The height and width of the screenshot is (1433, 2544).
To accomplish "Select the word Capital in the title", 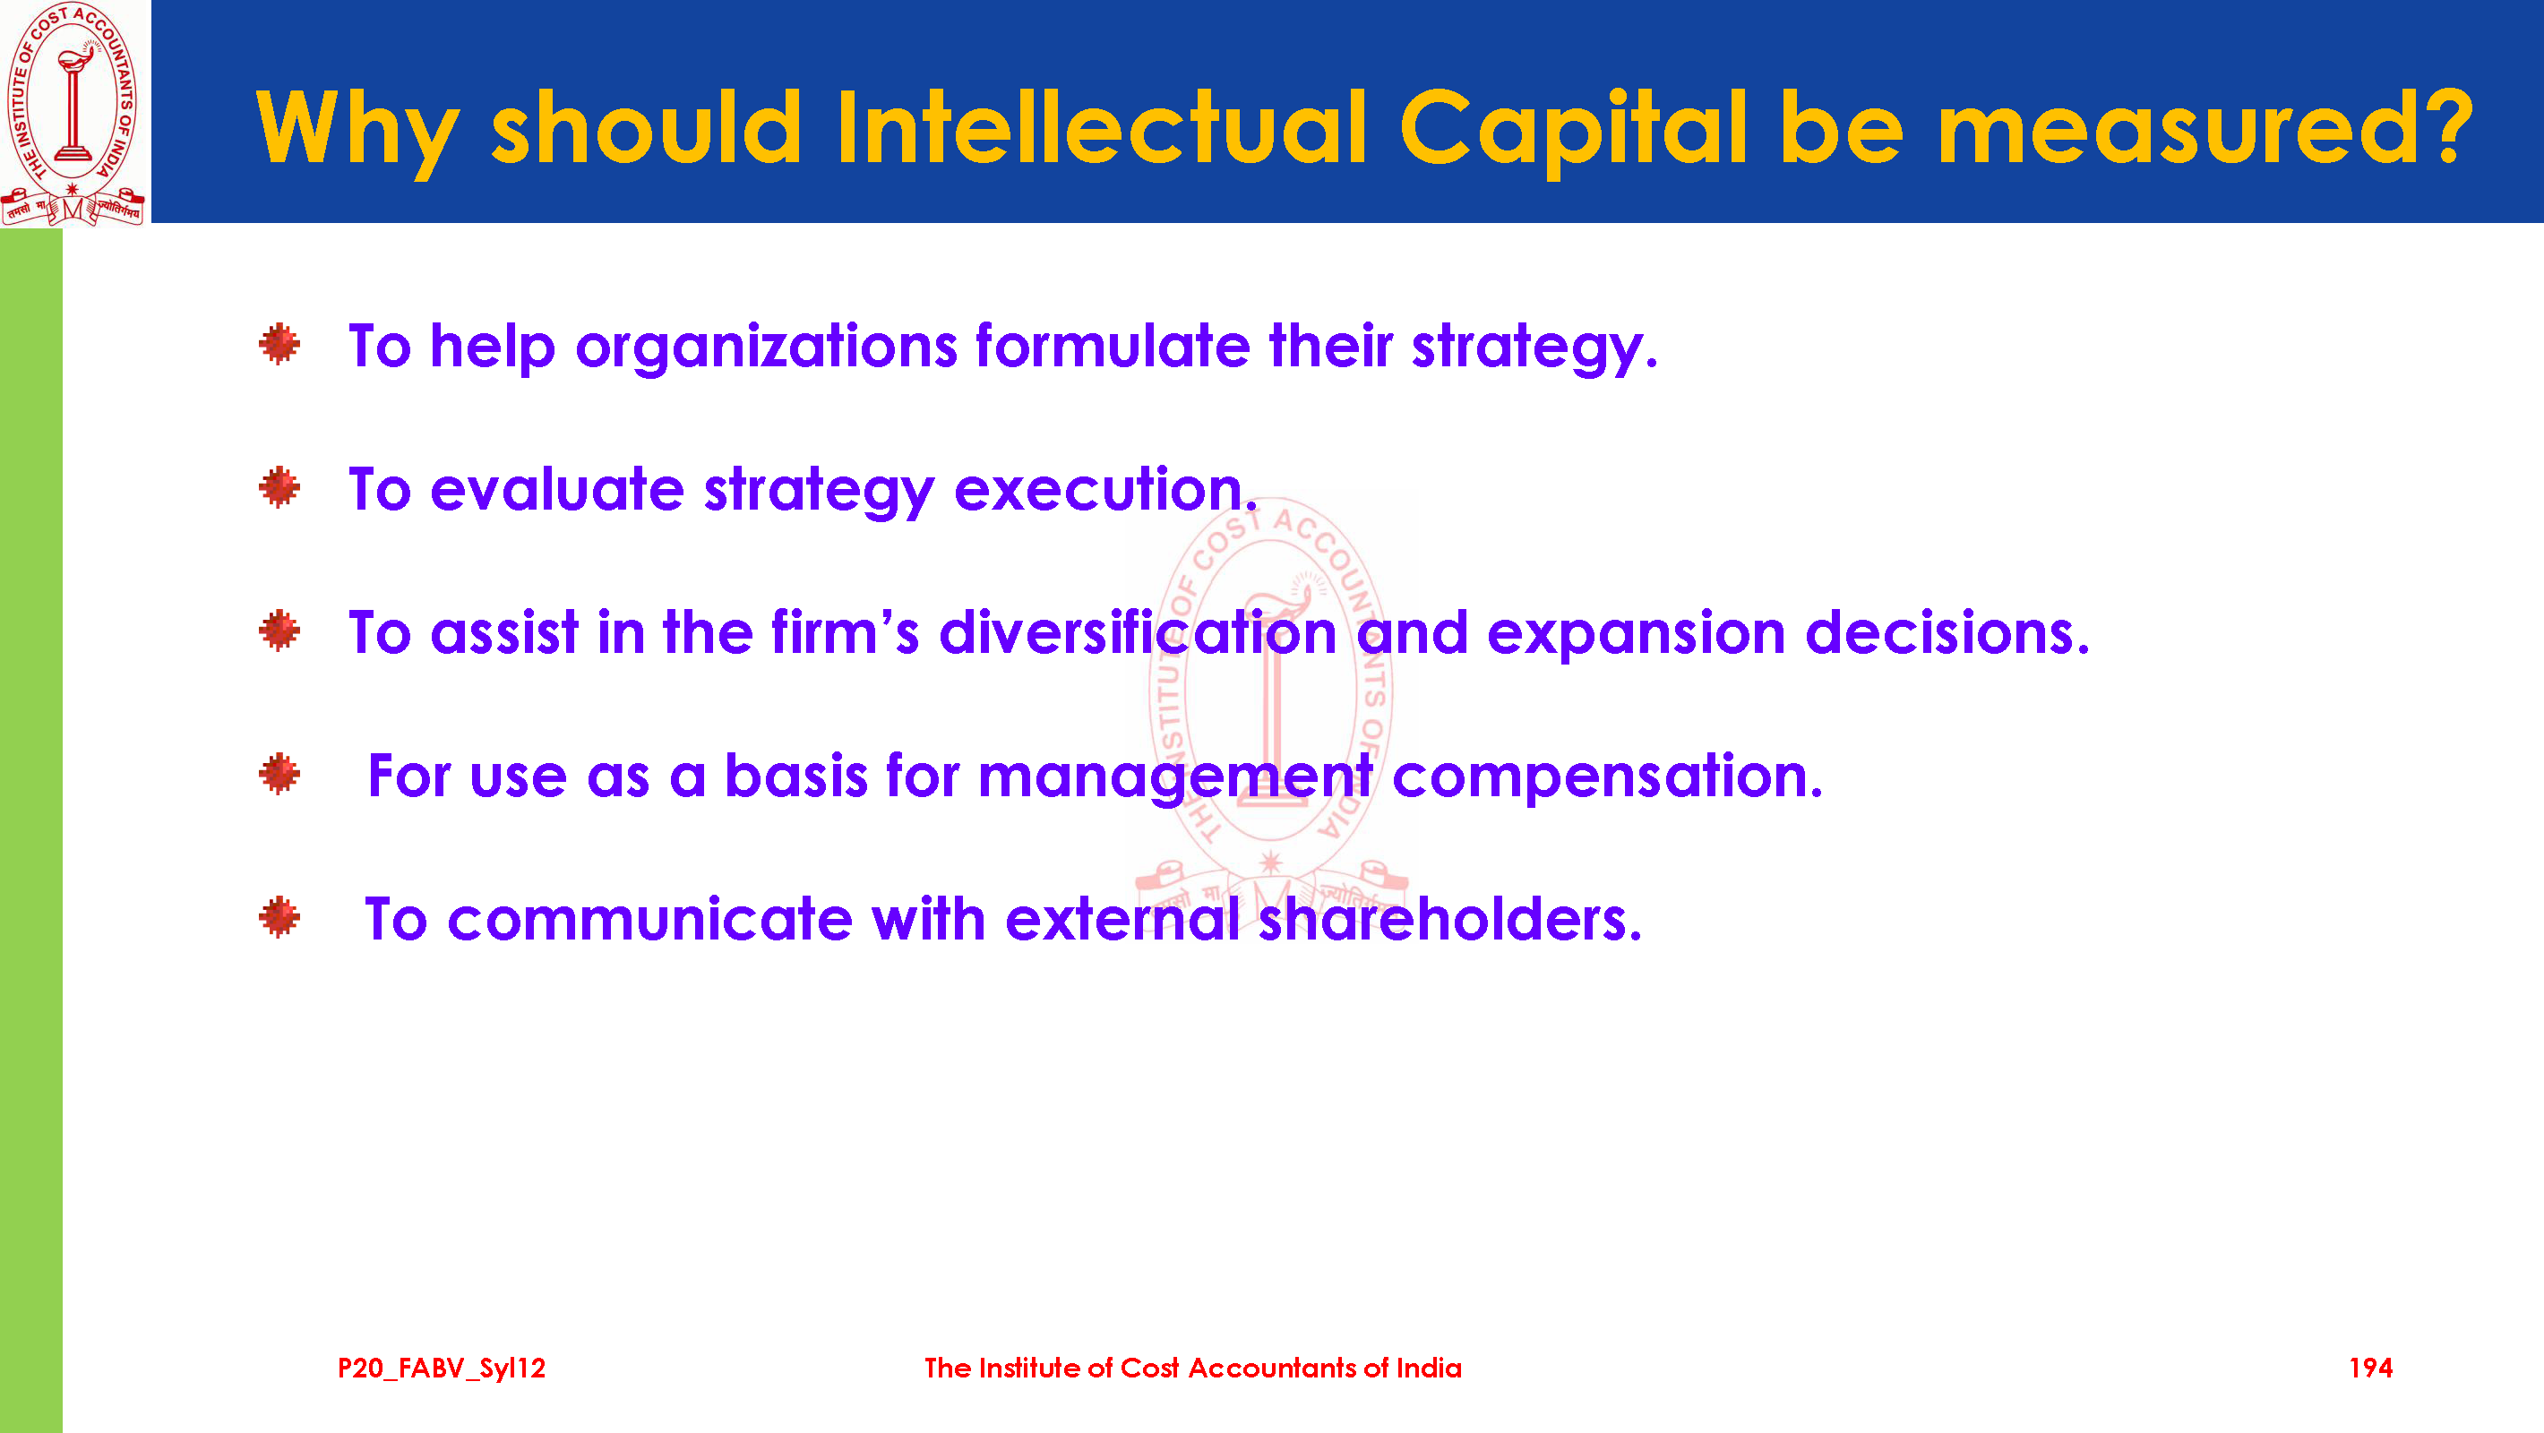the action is click(1574, 133).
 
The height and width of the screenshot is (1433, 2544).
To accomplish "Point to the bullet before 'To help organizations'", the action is click(279, 344).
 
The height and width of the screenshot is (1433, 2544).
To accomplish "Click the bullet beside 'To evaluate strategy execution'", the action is click(279, 487).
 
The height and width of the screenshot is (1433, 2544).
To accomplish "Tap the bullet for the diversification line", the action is click(279, 631).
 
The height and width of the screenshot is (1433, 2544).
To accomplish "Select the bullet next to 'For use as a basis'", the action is click(279, 775).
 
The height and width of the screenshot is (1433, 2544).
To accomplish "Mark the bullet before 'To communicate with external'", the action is click(279, 917).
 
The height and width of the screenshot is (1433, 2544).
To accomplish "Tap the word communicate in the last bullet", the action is click(651, 920).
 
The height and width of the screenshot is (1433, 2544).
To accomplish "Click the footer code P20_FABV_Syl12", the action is click(442, 1369).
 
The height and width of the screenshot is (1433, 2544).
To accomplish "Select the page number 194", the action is click(2370, 1368).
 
